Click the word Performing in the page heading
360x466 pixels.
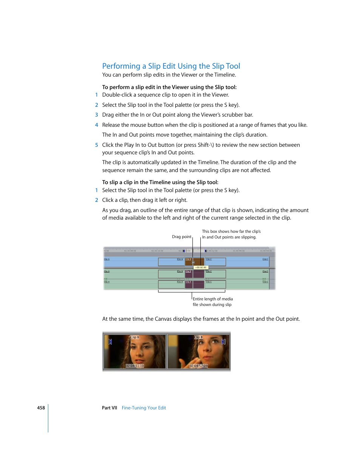(x=121, y=66)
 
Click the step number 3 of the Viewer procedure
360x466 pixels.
(x=97, y=115)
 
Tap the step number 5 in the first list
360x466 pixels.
(x=97, y=145)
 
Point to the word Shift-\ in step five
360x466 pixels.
(x=206, y=145)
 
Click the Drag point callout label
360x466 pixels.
(x=182, y=237)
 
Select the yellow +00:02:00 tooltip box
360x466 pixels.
(x=201, y=267)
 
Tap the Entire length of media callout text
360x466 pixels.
(x=212, y=299)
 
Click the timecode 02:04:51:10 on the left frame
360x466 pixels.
(x=135, y=366)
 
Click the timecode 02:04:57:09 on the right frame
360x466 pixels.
(x=198, y=366)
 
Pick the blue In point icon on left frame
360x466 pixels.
(x=110, y=341)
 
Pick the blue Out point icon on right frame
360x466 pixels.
(x=223, y=341)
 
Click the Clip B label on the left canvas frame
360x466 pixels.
(x=135, y=337)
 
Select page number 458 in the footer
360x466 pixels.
(x=41, y=408)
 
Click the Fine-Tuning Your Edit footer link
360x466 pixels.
(x=144, y=408)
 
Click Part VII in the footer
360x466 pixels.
(x=109, y=408)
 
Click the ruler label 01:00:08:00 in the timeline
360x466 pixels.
(x=131, y=251)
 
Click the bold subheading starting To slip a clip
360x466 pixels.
(x=160, y=182)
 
